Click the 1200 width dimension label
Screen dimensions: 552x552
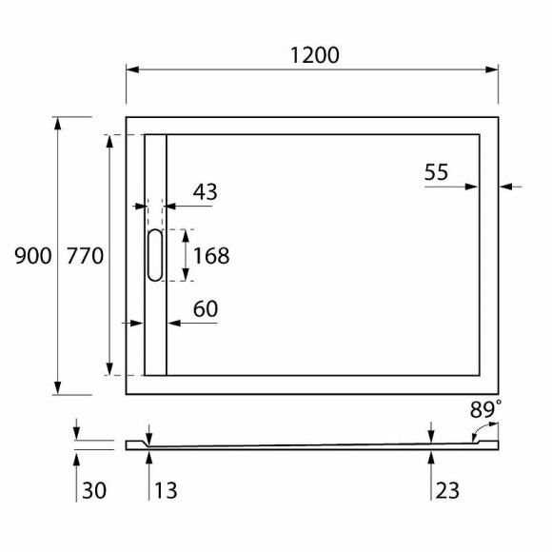pos(314,55)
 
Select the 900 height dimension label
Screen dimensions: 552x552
pos(32,255)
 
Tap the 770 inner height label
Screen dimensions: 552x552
pos(85,255)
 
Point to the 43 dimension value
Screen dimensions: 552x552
pos(205,191)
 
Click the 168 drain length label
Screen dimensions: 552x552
pos(211,255)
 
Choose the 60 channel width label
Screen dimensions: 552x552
pos(206,308)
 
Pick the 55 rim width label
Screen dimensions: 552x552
pos(436,172)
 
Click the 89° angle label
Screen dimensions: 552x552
pos(486,410)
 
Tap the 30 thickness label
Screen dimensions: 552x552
pos(93,490)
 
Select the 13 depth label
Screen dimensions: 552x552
pos(165,490)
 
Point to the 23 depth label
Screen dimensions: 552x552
pos(447,490)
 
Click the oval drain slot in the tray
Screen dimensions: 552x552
pos(154,255)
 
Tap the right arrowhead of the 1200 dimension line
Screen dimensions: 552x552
pos(492,69)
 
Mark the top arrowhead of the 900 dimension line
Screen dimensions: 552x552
pos(59,124)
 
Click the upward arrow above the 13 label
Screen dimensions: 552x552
pos(149,459)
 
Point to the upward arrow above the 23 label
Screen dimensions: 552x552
pos(431,459)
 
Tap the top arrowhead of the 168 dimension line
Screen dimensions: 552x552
pos(185,235)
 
